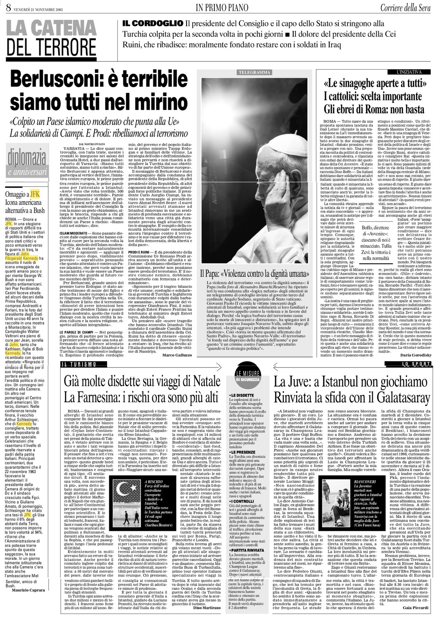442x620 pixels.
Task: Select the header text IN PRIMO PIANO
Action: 221,7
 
